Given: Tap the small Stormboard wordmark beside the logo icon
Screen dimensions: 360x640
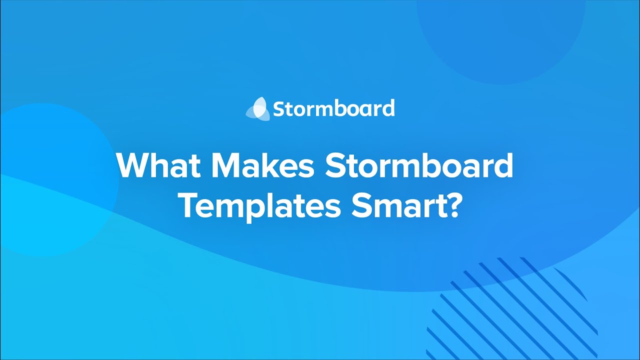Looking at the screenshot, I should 333,108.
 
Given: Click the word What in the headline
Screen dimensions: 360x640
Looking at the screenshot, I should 155,165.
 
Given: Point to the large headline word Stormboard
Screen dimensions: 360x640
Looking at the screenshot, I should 419,165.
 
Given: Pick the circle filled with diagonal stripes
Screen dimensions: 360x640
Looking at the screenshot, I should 512,307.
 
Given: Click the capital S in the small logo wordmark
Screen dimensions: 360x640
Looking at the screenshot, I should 278,109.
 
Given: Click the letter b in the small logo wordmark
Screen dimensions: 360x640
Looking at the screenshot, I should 339,108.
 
